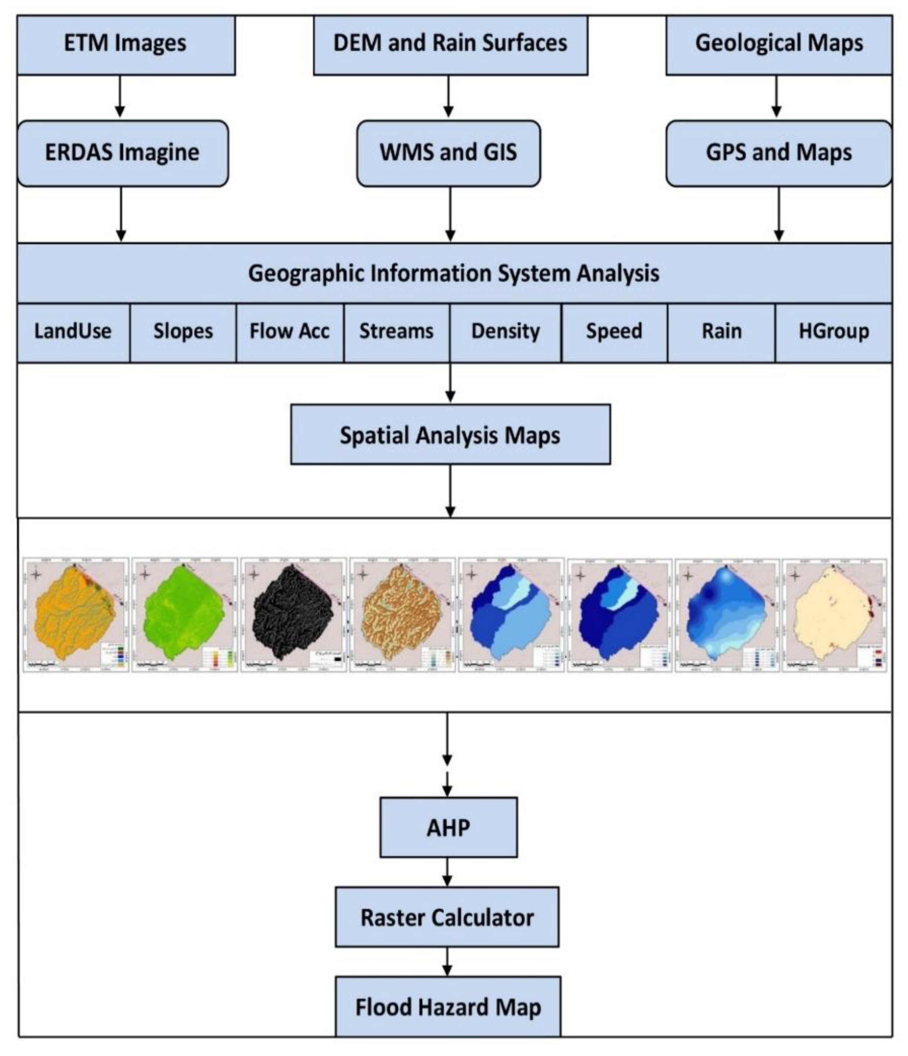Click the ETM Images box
125,44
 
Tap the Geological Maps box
778,44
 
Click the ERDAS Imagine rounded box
122,153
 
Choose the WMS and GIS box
448,153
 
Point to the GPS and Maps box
778,153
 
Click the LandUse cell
73,332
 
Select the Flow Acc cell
289,332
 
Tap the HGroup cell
833,332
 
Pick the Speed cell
614,332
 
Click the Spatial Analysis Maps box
450,435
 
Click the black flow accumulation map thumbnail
293,615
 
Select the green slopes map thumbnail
185,615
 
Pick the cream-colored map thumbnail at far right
834,615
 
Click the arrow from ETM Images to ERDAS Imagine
120,97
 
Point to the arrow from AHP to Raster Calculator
447,872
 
